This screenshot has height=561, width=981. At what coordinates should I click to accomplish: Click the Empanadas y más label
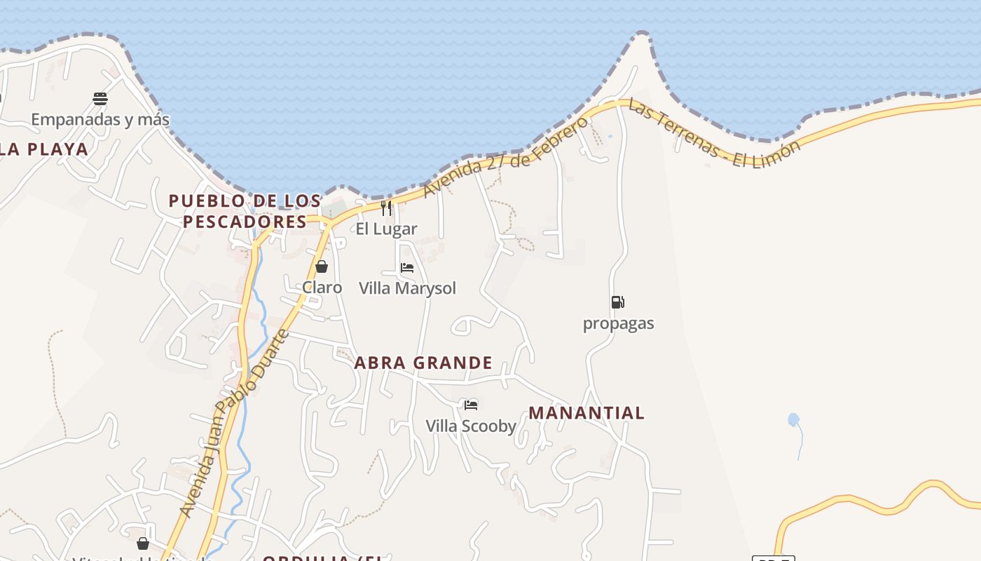(100, 119)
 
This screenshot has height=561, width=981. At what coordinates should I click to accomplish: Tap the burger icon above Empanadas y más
(100, 98)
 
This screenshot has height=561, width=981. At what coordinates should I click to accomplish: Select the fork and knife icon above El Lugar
(386, 208)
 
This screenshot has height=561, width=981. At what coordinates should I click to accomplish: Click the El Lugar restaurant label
(386, 229)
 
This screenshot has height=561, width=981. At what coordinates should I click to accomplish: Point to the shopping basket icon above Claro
(322, 266)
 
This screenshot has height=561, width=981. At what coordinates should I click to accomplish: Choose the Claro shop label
(322, 288)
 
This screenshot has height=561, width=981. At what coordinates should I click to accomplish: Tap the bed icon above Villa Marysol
(407, 267)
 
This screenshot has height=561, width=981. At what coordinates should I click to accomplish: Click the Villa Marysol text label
(407, 288)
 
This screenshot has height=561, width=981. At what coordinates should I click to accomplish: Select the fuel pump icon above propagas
(617, 302)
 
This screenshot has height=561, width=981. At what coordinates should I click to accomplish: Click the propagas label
(618, 323)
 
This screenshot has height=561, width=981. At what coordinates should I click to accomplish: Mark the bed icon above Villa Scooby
(471, 405)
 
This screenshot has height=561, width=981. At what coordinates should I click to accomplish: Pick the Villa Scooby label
(471, 426)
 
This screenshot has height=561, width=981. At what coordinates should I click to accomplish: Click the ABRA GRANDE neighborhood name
(423, 363)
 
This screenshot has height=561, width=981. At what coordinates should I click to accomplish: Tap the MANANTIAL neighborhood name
(586, 412)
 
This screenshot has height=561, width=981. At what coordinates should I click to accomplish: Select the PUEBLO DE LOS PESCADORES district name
(245, 211)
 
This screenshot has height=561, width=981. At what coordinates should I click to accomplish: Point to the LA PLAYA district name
(44, 149)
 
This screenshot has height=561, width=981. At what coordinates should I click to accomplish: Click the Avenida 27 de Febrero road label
(505, 156)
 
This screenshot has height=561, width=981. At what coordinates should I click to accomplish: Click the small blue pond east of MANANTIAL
(793, 420)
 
